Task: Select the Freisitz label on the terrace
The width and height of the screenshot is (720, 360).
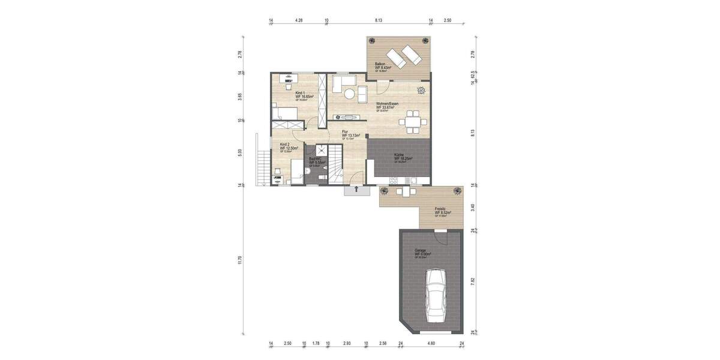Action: tap(443, 211)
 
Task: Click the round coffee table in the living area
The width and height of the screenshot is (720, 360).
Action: tap(349, 93)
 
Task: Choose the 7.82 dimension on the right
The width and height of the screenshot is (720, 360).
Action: tap(473, 281)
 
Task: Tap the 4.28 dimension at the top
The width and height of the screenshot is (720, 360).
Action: tap(299, 20)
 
